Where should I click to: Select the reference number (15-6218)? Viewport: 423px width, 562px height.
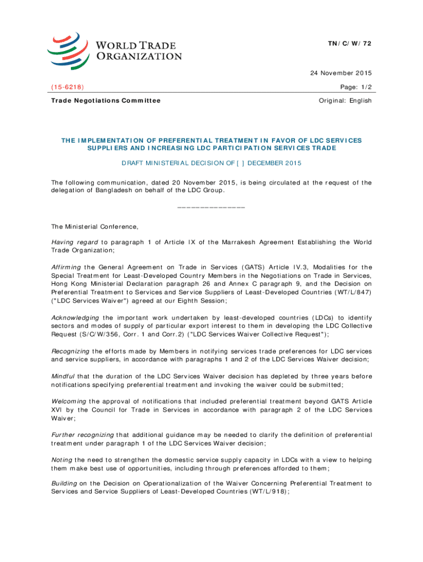coord(68,87)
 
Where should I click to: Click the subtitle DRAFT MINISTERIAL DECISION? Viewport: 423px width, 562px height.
coord(211,164)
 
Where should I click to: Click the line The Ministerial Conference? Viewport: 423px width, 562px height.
coord(95,226)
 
